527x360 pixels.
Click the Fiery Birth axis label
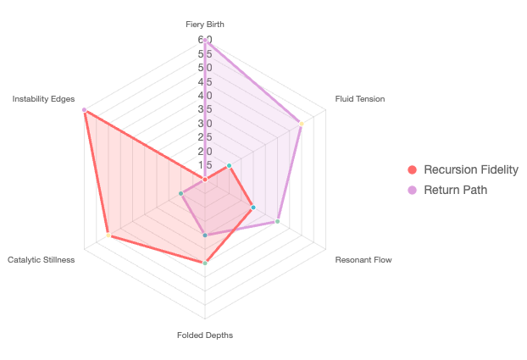pos(205,25)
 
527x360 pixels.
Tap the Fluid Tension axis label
pos(359,99)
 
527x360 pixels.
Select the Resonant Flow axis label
pos(363,259)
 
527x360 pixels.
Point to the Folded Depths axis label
pos(205,335)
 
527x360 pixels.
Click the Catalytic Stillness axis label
pos(42,259)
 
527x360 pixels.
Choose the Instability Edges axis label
pos(43,99)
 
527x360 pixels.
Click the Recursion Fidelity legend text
pos(471,169)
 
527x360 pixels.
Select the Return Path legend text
pos(456,190)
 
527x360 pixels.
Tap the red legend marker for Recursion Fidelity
pos(413,169)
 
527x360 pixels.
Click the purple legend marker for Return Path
pos(413,190)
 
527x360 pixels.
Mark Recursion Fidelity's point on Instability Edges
pos(84,110)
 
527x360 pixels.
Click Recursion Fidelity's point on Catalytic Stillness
pos(108,235)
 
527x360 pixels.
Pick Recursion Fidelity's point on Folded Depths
pos(205,263)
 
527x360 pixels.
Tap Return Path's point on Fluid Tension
pos(302,124)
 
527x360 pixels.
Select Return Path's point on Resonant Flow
pos(278,221)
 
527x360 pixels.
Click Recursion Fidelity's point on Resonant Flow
pos(253,208)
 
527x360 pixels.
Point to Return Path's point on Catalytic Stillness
pos(181,194)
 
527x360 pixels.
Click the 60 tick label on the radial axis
pos(205,40)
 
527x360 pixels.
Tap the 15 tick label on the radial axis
pos(205,165)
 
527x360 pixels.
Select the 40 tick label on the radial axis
pos(205,96)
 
